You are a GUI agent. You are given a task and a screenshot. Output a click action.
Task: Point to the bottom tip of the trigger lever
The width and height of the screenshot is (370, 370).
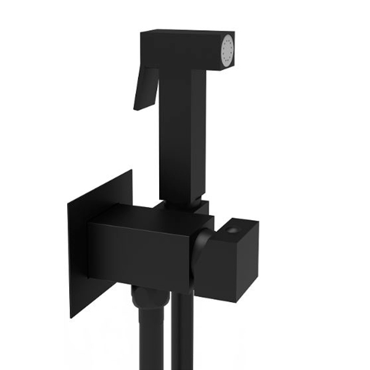pyautogui.click(x=137, y=108)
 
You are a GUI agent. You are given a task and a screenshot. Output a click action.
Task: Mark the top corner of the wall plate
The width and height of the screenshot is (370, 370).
pyautogui.click(x=131, y=172)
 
